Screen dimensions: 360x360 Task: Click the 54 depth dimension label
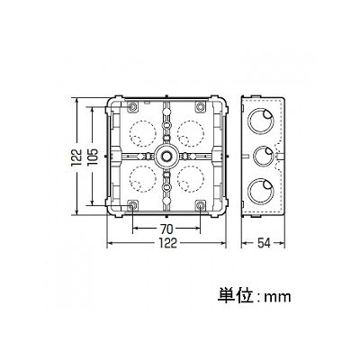(264, 243)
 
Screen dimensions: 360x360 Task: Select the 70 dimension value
(166, 229)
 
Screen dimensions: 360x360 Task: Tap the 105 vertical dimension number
(94, 156)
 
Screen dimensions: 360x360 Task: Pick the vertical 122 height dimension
(76, 156)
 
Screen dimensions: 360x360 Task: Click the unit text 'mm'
(277, 297)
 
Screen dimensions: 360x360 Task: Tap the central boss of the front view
(166, 156)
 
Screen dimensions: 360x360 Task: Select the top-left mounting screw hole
(132, 107)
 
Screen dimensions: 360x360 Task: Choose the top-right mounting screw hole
(200, 107)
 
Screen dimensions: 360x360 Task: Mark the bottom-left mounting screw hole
(132, 205)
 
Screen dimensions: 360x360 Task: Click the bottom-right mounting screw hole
(200, 205)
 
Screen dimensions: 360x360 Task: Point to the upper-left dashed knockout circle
(130, 132)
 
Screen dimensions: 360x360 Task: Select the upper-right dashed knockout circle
(177, 132)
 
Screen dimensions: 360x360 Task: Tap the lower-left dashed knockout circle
(130, 179)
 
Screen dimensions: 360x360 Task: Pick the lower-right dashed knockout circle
(177, 179)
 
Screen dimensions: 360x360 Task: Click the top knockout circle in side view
(247, 121)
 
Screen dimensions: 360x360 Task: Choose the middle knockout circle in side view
(254, 156)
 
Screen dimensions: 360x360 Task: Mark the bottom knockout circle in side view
(247, 190)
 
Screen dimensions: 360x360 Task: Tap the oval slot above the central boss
(166, 124)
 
